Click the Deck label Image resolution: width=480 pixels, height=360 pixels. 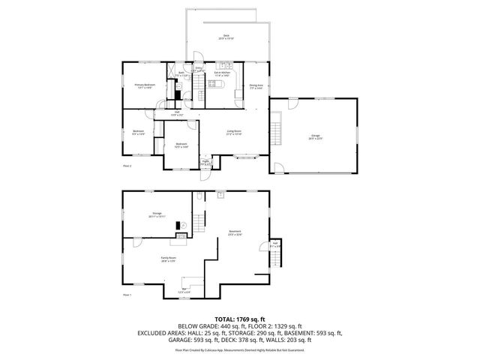coord(225,37)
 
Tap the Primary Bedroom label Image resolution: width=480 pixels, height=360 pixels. coord(145,86)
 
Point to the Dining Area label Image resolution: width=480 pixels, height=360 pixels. coord(256,86)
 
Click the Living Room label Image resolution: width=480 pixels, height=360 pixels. coord(235,133)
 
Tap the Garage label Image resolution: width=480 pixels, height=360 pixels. coord(315,136)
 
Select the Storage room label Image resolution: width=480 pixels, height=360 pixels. coord(157,214)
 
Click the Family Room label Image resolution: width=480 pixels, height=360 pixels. coord(168,259)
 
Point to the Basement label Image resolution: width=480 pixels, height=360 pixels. coord(235,233)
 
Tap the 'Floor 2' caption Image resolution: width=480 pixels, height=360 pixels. coord(127,166)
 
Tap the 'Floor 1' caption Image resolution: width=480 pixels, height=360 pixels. coord(127,295)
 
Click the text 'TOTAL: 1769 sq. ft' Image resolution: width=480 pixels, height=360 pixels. coord(239,319)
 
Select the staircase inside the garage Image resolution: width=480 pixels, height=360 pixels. coord(276,120)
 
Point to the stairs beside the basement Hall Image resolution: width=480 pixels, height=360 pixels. coord(277,259)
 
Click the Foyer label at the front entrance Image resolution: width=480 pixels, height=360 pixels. coord(205,162)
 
